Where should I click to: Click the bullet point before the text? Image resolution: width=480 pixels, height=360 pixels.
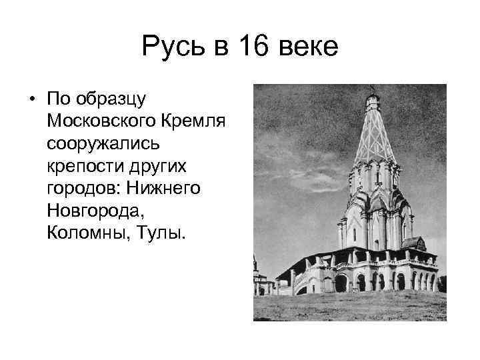coord(32,100)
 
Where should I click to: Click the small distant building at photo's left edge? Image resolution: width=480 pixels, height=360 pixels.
coord(261,283)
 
